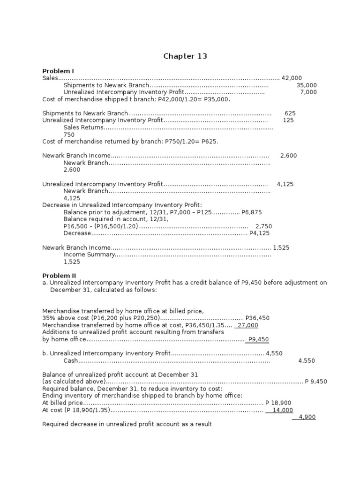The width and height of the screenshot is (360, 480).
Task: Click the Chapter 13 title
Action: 185,56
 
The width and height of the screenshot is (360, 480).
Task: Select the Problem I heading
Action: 58,71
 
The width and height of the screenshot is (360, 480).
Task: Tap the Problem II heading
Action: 59,276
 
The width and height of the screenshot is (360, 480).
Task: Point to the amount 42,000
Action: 292,78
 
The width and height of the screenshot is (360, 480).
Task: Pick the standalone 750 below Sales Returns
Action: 69,135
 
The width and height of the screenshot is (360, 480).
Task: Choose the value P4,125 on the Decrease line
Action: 259,233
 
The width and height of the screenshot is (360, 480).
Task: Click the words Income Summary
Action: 89,255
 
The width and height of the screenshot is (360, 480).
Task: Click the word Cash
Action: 70,360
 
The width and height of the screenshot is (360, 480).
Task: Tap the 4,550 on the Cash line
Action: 307,360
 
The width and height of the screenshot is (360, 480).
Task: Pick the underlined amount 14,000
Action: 281,410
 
